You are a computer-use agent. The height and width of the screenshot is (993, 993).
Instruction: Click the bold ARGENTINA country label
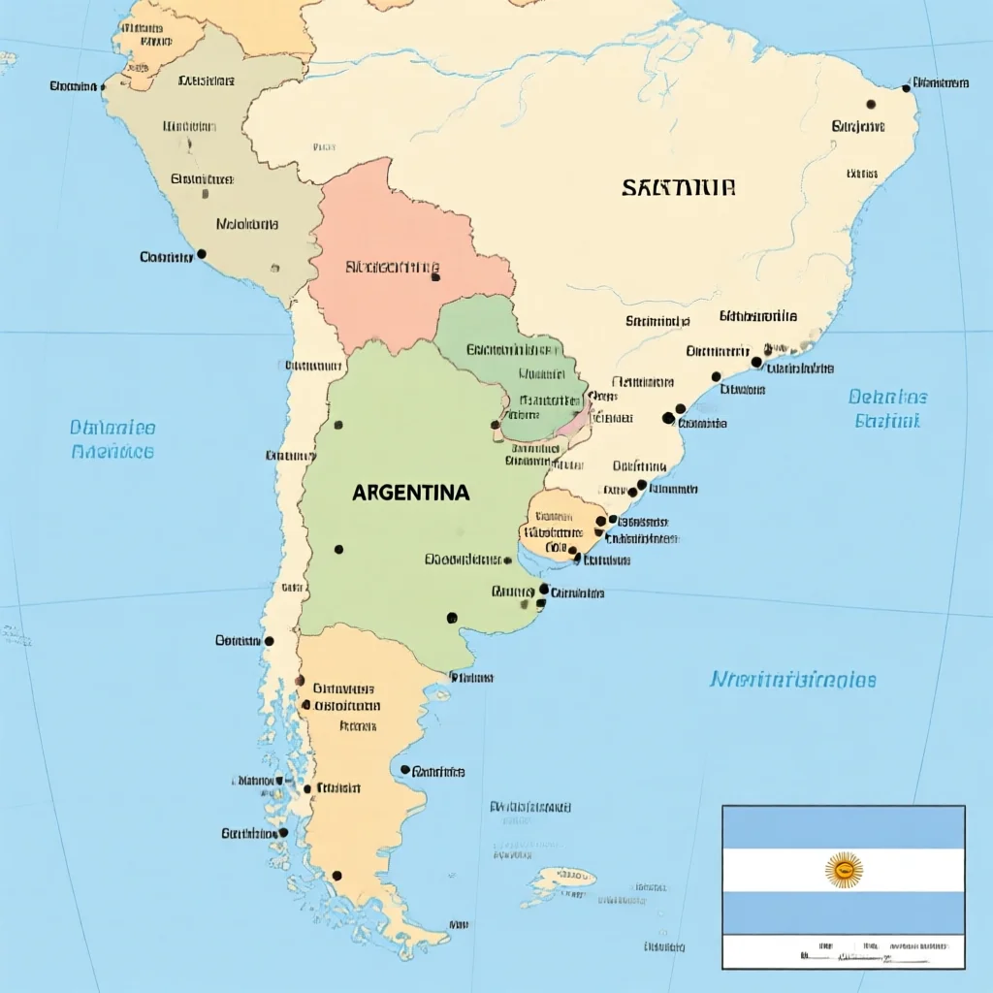[x=410, y=493]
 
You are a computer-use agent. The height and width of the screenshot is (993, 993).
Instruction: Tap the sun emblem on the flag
[x=844, y=870]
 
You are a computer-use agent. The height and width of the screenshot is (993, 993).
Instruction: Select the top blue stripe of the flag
[x=844, y=827]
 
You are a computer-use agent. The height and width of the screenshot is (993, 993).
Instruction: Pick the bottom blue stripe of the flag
[x=844, y=913]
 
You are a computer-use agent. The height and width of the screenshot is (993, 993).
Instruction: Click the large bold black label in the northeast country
[x=679, y=187]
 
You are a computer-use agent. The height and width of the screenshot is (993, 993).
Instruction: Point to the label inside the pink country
[x=392, y=267]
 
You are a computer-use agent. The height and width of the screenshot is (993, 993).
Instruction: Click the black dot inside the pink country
[x=435, y=277]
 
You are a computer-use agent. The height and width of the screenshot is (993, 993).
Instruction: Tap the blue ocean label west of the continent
[x=112, y=439]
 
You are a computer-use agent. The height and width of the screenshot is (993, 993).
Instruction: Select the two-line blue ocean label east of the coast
[x=887, y=408]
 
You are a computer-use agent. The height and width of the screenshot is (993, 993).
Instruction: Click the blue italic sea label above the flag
[x=792, y=680]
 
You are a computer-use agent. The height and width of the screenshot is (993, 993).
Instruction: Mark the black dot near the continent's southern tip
[x=336, y=876]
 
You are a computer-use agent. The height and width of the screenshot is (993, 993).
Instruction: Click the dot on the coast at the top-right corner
[x=906, y=87]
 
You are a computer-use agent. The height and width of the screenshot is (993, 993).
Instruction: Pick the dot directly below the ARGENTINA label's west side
[x=338, y=550]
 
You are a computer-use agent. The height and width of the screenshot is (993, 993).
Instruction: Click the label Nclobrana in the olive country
[x=247, y=224]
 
